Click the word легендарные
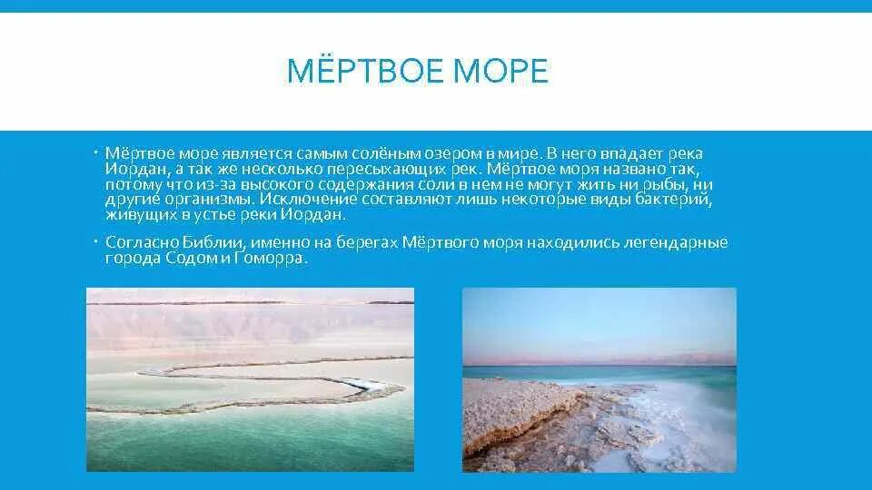click(x=675, y=242)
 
